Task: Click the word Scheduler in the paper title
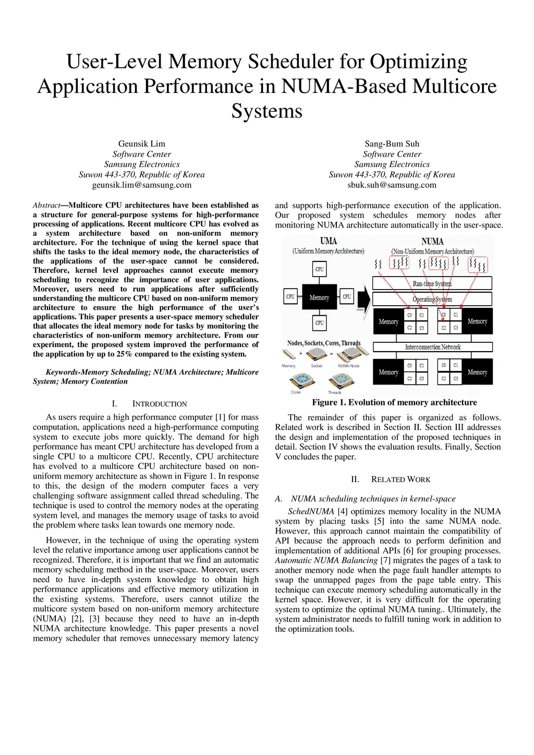pos(291,62)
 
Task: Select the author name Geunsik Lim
pos(142,143)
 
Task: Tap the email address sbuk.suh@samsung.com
pos(392,185)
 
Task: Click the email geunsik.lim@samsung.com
pos(142,185)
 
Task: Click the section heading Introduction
pos(159,404)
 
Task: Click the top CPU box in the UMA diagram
pos(319,269)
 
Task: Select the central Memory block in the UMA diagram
pos(319,297)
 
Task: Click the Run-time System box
pos(432,283)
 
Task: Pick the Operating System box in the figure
pos(432,299)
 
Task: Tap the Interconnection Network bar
pos(433,347)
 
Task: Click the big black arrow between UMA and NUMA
pos(364,297)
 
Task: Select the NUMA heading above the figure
pos(432,242)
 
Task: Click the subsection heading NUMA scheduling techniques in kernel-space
pos(373,499)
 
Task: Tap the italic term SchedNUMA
pos(311,511)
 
